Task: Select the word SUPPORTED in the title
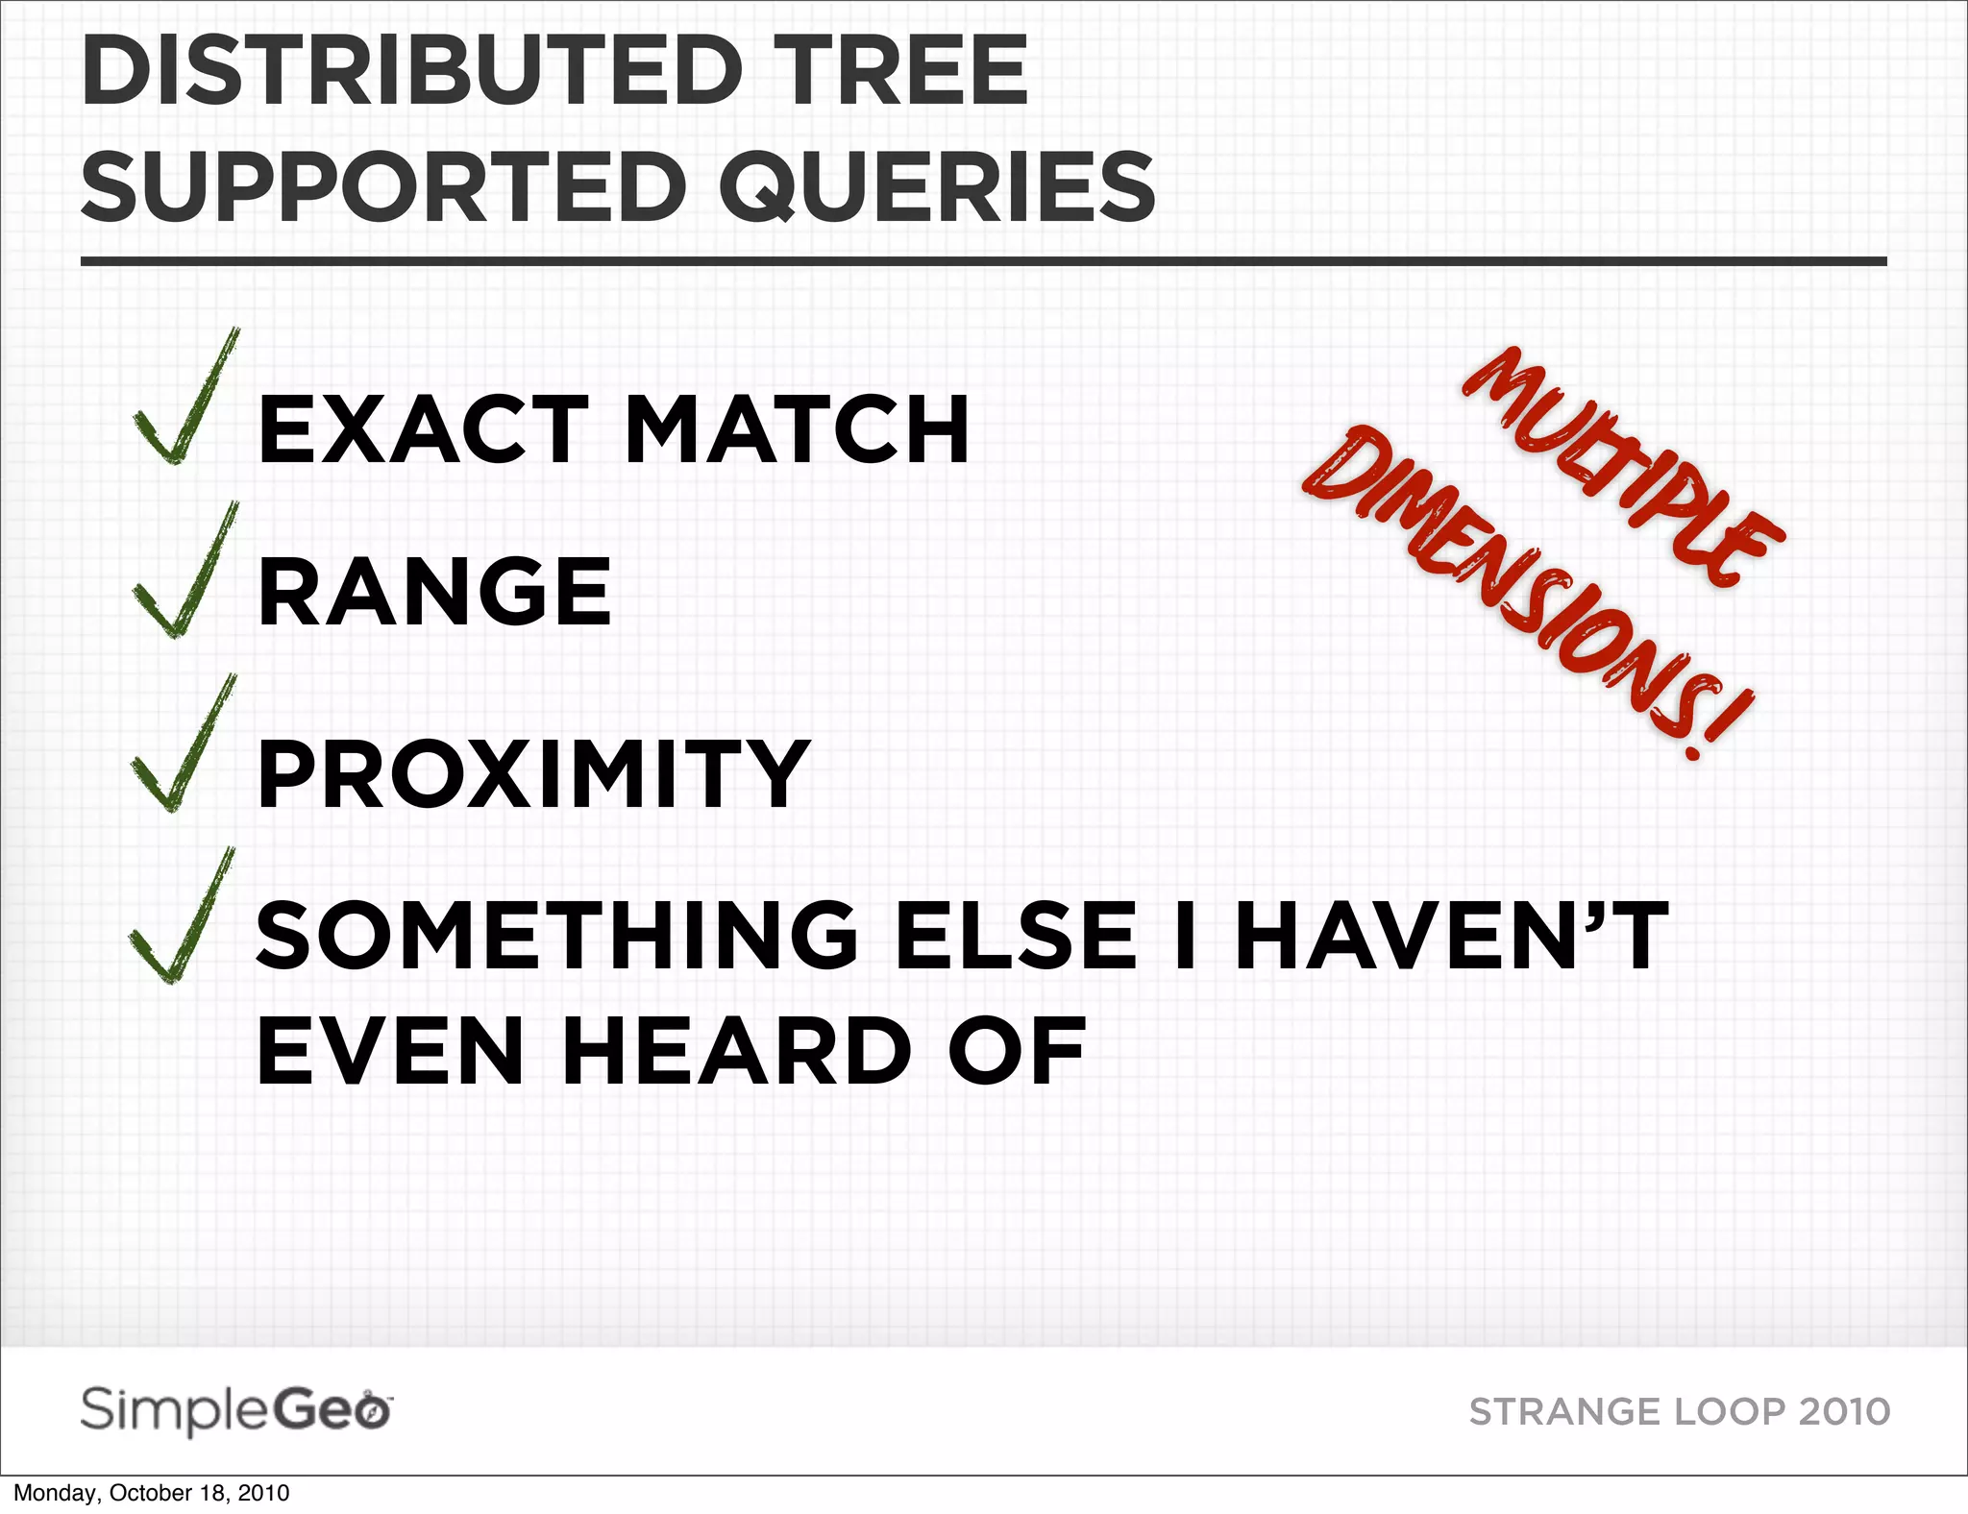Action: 384,186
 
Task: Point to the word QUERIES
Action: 937,186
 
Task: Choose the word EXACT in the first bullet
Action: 424,430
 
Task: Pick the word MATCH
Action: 798,430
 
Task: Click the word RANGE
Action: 434,593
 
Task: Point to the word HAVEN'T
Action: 1452,936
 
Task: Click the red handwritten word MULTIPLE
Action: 1624,466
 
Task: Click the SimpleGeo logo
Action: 236,1410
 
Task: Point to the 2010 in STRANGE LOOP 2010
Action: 1844,1412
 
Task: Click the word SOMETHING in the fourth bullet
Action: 558,936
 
